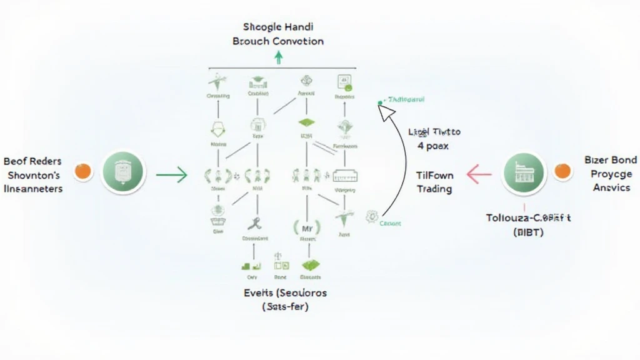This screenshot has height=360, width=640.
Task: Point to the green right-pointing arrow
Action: coord(172,174)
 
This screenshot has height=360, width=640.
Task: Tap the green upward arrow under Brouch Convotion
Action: coord(279,58)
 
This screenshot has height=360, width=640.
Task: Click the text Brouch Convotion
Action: coord(278,41)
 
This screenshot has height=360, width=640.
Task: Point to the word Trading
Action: coord(434,189)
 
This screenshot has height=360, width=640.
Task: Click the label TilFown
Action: coord(434,176)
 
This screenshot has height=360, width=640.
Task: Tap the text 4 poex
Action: coord(433,146)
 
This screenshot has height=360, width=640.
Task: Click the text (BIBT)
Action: coord(528,233)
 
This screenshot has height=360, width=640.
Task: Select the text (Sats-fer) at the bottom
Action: coord(285,307)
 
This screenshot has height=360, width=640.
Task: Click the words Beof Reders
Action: coord(32,161)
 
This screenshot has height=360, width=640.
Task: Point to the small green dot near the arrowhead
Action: coord(380,102)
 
